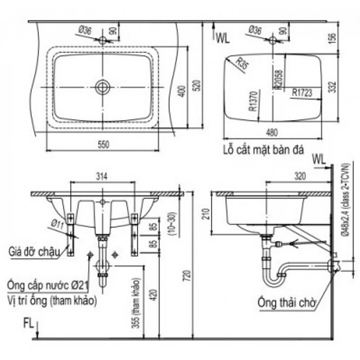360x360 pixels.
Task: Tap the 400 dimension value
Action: coord(178,90)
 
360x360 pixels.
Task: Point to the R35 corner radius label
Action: coord(241,62)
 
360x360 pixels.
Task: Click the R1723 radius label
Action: coord(302,93)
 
